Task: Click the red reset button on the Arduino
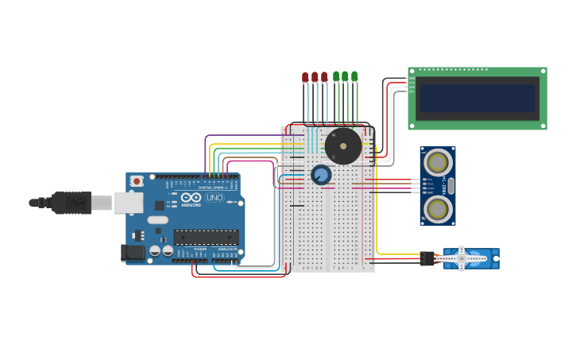click(137, 181)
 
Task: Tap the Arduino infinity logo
click(191, 198)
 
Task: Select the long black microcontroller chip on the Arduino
click(206, 237)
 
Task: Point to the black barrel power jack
click(132, 254)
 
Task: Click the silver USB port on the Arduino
click(127, 203)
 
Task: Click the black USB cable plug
click(72, 203)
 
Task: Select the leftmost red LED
click(305, 77)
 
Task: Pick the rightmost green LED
click(354, 76)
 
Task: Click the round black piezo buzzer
click(343, 146)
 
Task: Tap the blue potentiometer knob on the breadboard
click(321, 175)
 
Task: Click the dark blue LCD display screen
click(477, 99)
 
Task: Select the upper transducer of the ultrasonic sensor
click(437, 163)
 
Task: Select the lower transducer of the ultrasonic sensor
click(437, 209)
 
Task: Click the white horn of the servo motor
click(461, 258)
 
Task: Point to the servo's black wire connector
click(427, 258)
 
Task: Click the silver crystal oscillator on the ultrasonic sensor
click(450, 186)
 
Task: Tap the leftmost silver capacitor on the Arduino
click(155, 251)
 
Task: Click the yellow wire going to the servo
click(397, 254)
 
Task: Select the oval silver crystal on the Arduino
click(157, 220)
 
